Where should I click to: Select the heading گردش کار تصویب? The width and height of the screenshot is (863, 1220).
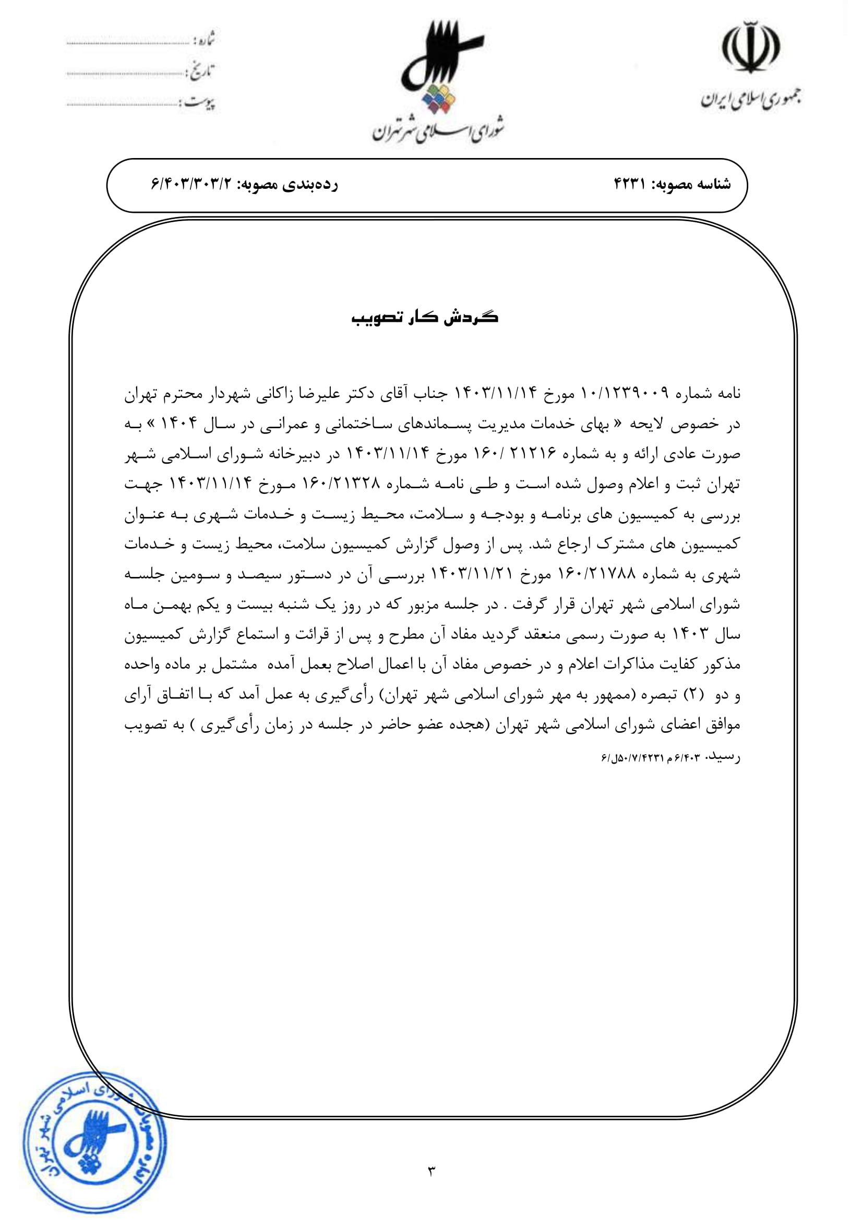tap(425, 317)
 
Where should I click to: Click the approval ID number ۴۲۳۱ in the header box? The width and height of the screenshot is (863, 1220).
tap(629, 184)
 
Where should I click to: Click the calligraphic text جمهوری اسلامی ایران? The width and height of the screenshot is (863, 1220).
tap(751, 100)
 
